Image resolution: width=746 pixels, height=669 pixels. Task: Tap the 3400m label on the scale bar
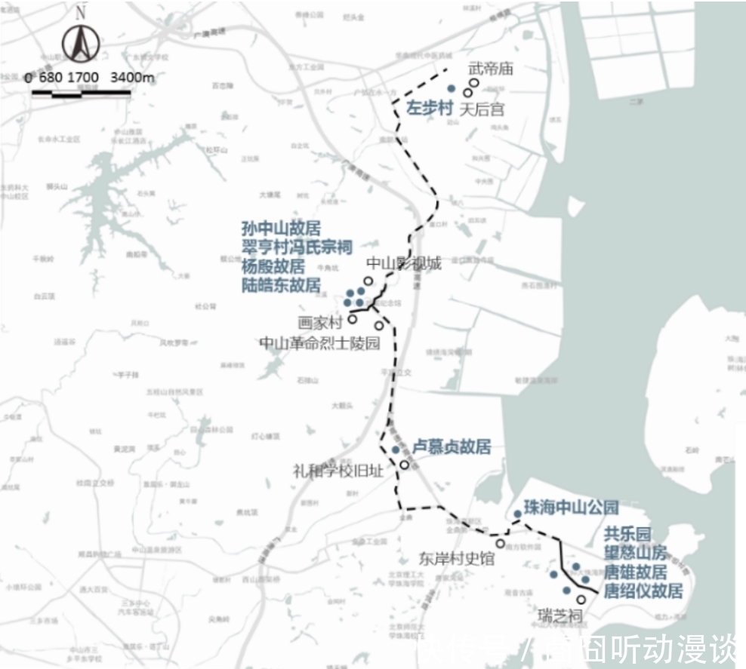(x=132, y=77)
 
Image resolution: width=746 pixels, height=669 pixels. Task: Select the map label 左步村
(x=430, y=109)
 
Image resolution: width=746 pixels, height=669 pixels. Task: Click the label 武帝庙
(x=491, y=69)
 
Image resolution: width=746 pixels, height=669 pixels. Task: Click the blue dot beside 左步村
(x=452, y=88)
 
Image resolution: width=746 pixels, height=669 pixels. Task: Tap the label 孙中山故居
(x=281, y=229)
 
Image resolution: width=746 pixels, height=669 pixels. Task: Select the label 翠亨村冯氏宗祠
(x=297, y=247)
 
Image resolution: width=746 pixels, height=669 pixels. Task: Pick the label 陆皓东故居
(x=281, y=285)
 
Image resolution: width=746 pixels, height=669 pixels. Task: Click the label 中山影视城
(x=403, y=263)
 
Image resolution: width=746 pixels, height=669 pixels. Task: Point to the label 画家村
(x=320, y=322)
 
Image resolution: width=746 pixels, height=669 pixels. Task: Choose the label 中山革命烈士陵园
(x=319, y=343)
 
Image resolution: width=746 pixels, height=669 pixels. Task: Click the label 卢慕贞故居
(x=452, y=447)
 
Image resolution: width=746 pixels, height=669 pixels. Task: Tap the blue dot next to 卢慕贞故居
(x=396, y=450)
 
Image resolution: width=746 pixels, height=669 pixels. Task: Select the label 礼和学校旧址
(x=338, y=471)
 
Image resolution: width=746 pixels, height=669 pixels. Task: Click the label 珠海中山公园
(x=571, y=507)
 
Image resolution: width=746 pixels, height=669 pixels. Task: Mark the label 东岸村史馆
(x=457, y=559)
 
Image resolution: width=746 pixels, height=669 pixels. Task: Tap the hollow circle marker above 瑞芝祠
(x=581, y=600)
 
